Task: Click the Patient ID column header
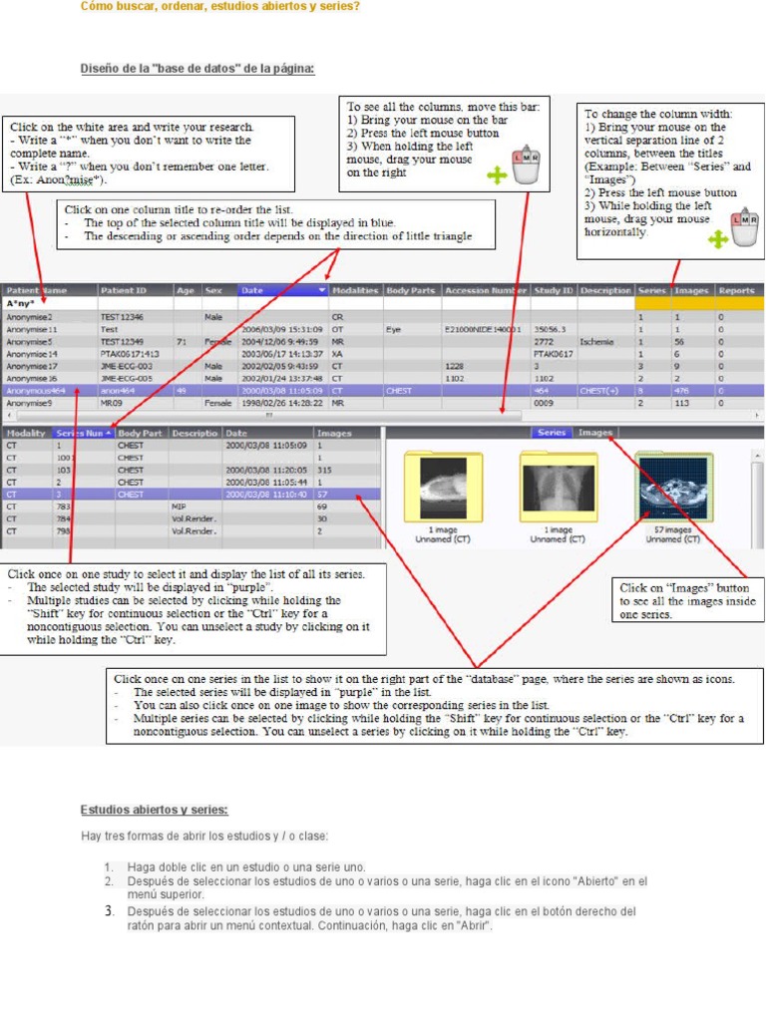pos(124,290)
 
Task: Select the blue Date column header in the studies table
pos(282,290)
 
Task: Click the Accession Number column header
pos(486,290)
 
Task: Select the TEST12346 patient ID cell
pos(122,316)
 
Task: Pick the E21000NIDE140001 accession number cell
pos(484,328)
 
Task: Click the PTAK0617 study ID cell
pos(553,353)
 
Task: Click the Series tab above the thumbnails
pos(552,433)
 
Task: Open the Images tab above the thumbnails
pos(595,433)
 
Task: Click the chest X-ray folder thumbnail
pos(559,489)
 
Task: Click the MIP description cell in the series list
pos(179,507)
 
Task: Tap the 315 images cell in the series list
pos(324,470)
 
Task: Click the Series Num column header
pos(82,434)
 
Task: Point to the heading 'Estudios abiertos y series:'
pos(154,809)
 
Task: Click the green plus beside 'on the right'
pos(497,175)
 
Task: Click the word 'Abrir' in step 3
pos(473,925)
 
